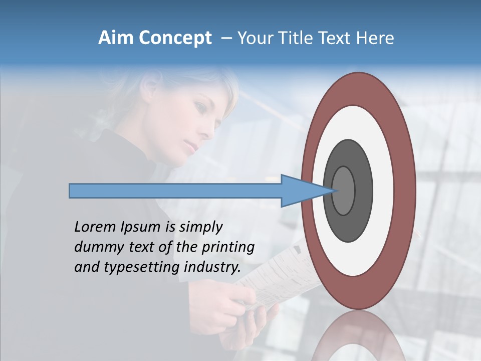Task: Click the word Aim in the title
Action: pyautogui.click(x=116, y=38)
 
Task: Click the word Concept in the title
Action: pyautogui.click(x=175, y=39)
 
